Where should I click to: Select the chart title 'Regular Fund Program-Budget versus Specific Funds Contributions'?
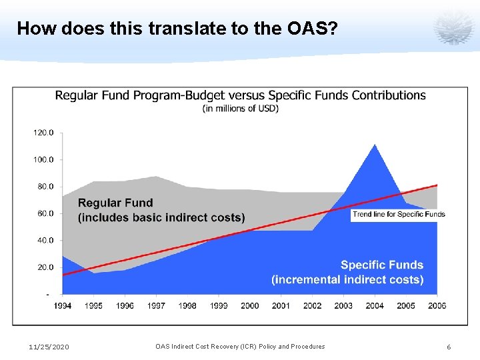coord(240,95)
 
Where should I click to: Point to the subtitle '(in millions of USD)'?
coord(240,109)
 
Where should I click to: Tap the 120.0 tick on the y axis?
coord(44,133)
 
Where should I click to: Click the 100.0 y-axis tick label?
coord(44,160)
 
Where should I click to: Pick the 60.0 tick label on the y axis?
coord(44,213)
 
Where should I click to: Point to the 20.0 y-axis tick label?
coord(44,267)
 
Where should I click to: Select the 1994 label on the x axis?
coord(63,305)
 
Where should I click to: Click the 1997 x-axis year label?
coord(156,305)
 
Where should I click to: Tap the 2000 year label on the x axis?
coord(249,305)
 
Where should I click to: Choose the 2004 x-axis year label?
coord(375,305)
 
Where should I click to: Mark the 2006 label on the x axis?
coord(437,305)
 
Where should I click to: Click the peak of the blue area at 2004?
coord(375,145)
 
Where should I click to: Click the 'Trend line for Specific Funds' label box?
coord(399,214)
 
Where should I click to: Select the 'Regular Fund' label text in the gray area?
coord(115,203)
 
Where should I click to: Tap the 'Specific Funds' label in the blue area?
coord(381,265)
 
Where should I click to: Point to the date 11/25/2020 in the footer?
coord(49,347)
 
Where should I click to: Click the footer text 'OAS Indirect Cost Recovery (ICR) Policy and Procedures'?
coord(240,347)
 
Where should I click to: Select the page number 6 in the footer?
coord(449,347)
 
